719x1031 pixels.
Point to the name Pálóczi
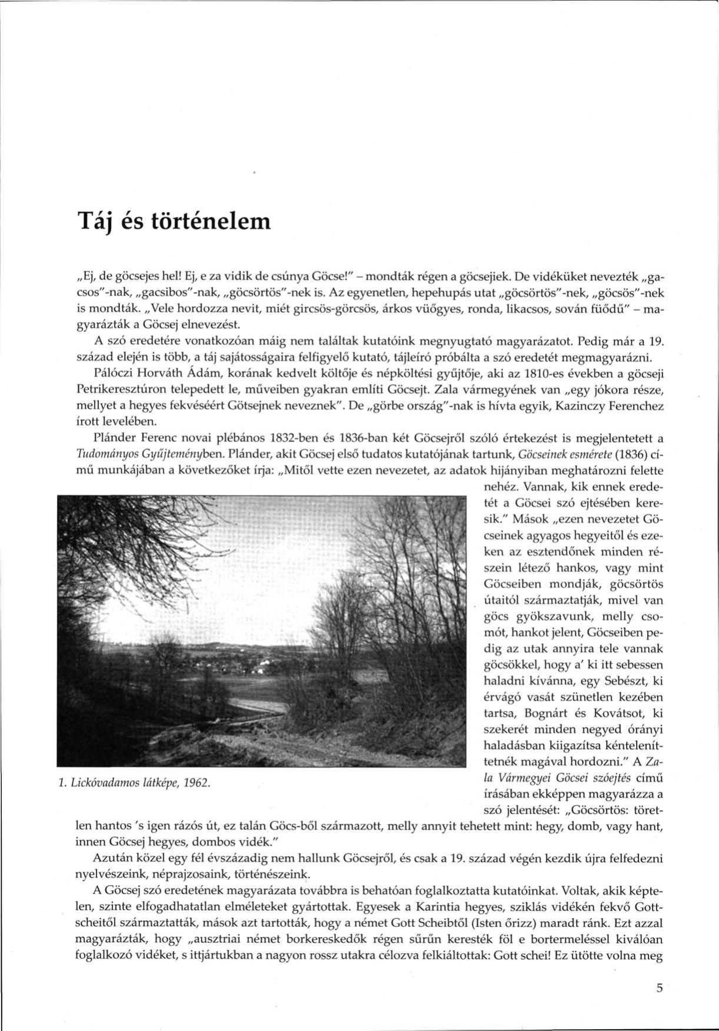click(x=112, y=373)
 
